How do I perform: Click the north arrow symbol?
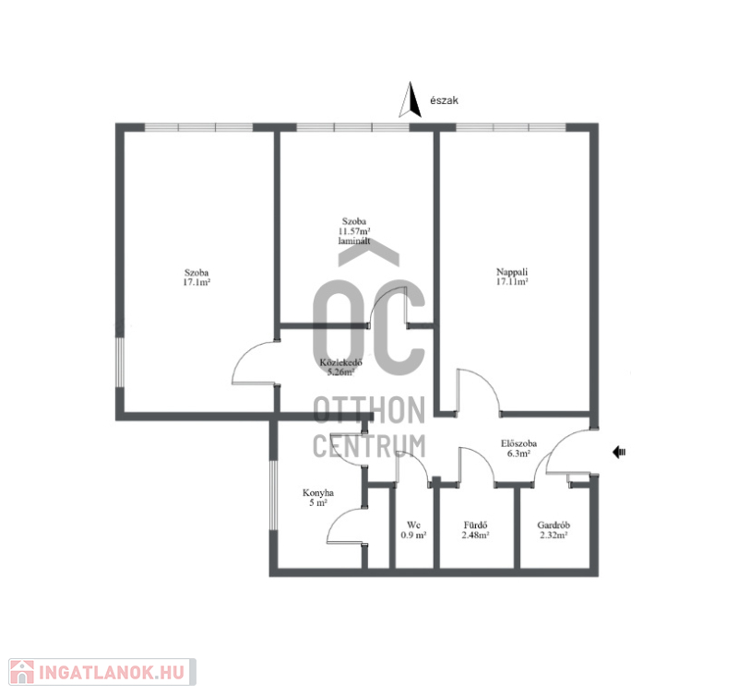click(410, 100)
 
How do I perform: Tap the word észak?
click(444, 100)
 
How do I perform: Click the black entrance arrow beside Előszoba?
click(619, 453)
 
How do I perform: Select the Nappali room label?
click(512, 272)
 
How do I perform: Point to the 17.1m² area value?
click(196, 283)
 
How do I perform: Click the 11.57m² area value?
click(354, 231)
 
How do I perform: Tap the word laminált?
click(354, 241)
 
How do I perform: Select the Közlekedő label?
click(340, 362)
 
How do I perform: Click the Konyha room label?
click(318, 493)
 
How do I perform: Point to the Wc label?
click(413, 524)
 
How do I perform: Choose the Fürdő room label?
click(475, 524)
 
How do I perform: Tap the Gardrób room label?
click(553, 524)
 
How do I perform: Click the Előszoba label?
click(518, 443)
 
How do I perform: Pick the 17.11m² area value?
click(512, 282)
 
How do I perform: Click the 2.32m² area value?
click(553, 536)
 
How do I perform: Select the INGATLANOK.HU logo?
click(102, 672)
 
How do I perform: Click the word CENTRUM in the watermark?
click(369, 446)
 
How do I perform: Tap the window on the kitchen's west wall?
click(273, 495)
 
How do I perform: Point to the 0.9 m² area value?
click(413, 536)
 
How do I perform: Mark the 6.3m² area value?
click(518, 454)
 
